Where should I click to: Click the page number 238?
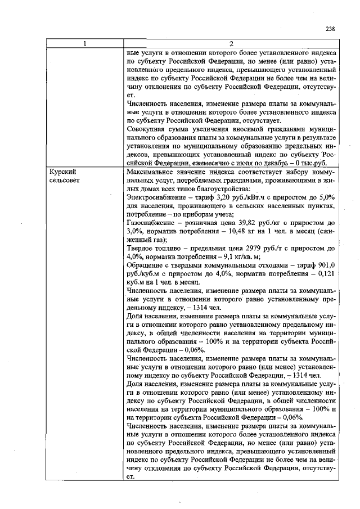pyautogui.click(x=330, y=30)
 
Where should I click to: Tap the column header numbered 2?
pyautogui.click(x=231, y=45)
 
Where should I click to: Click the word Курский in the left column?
pyautogui.click(x=62, y=170)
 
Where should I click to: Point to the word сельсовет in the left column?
pyautogui.click(x=65, y=179)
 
